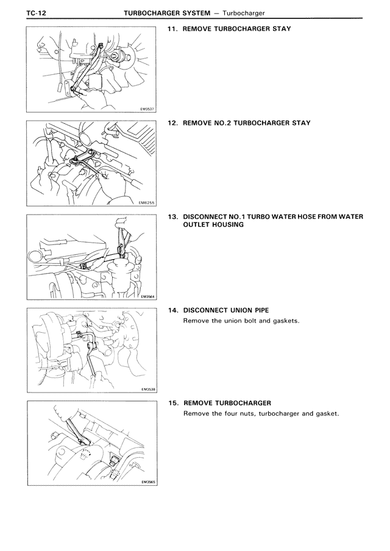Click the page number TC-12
[37, 13]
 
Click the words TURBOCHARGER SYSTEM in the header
[167, 13]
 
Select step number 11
[172, 29]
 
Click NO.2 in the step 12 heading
[222, 123]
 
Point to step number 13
[173, 217]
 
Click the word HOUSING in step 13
[228, 225]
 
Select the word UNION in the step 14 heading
[241, 311]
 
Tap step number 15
[173, 403]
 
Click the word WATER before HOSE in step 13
[283, 217]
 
